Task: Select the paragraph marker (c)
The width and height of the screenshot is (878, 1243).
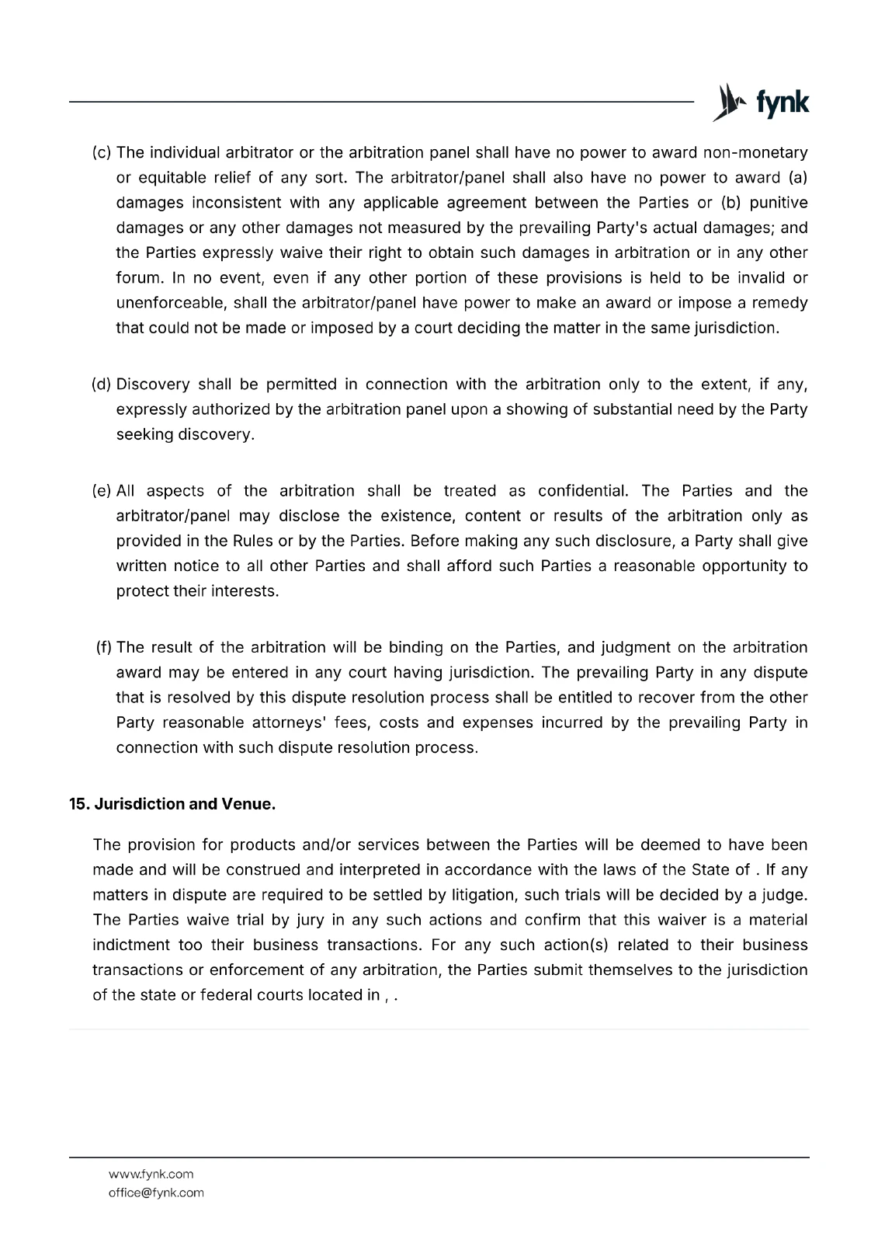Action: [102, 152]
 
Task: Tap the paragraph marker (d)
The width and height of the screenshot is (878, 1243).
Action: [102, 385]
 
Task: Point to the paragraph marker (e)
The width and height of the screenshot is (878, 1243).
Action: [102, 491]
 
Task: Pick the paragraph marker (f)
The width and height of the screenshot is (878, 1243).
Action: [104, 647]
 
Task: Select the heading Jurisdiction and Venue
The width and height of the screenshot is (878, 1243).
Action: [185, 804]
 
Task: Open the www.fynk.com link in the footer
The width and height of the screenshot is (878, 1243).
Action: [151, 1174]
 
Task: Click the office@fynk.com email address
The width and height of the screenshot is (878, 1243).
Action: [156, 1193]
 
